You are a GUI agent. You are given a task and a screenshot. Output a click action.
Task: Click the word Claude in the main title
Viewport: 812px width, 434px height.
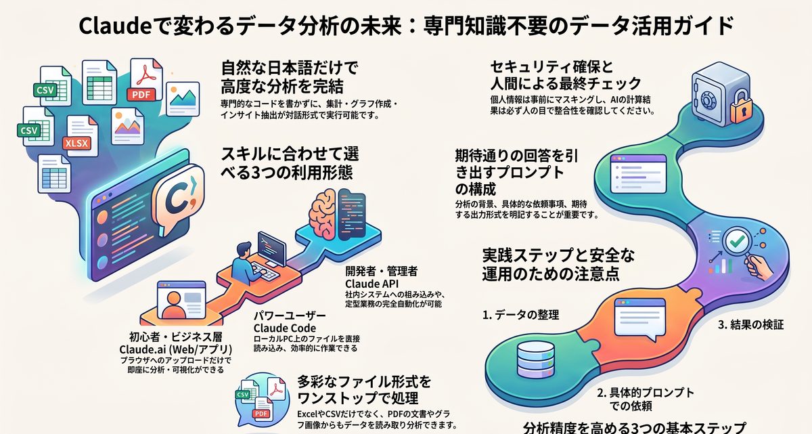(114, 26)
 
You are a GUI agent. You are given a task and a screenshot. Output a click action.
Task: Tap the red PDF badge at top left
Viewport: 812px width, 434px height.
(141, 95)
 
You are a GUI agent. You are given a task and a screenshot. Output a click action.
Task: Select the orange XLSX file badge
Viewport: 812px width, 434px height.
(76, 144)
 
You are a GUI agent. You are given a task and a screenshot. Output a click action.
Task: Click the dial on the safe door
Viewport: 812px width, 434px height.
(707, 100)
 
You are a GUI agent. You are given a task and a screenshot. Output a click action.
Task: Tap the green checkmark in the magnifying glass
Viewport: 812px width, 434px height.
(737, 241)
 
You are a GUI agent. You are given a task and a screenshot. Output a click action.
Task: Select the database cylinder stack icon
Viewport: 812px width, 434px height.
(535, 360)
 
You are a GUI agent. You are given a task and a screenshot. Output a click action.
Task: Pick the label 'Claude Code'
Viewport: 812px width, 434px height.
(285, 328)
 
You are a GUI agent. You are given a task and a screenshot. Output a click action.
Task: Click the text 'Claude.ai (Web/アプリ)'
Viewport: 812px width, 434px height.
(176, 349)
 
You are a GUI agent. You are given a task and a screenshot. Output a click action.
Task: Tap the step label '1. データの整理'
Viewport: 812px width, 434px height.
(520, 315)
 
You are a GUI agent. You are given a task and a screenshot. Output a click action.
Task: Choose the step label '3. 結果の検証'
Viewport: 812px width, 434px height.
(750, 324)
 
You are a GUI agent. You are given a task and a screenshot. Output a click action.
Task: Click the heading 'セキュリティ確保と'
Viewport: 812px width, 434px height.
(551, 68)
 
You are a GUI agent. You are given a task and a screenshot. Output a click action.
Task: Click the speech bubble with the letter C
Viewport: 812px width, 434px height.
(178, 200)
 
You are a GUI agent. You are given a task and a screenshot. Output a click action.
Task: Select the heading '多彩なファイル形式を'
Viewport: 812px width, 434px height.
(364, 382)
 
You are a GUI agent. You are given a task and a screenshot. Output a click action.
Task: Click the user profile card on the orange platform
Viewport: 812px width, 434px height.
(181, 300)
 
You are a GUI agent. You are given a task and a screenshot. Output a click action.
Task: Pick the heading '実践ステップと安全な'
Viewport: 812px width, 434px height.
(558, 256)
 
